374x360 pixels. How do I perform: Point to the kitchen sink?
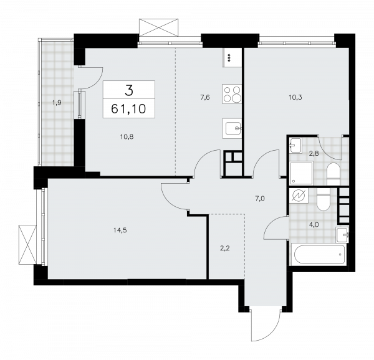234,129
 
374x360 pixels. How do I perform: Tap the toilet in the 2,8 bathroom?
332,172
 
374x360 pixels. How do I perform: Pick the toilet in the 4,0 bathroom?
322,199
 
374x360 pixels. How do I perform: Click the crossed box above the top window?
159,28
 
